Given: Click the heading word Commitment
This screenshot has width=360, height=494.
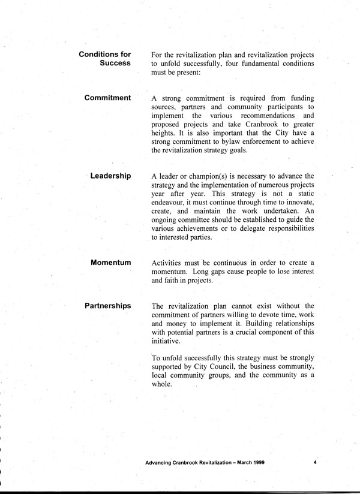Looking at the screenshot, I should [x=107, y=98].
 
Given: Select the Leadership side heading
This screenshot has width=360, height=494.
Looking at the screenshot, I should [x=110, y=176].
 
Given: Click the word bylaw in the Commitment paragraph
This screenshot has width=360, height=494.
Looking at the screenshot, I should [x=223, y=141].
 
